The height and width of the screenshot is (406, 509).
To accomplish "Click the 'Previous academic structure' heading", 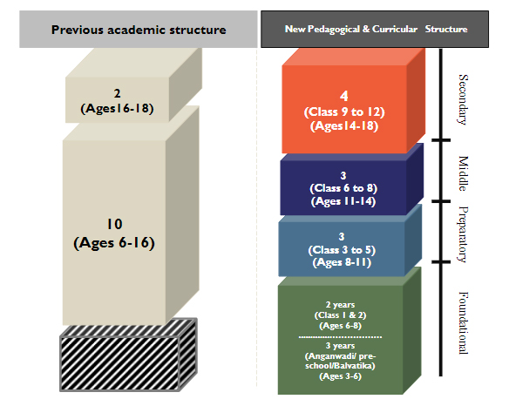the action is pos(139,30).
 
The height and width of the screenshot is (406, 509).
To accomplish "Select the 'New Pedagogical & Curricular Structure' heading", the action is pos(376,30).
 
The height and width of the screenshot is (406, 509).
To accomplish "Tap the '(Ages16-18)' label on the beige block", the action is pos(117,108).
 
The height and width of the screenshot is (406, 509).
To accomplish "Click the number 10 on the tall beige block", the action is pos(114,224).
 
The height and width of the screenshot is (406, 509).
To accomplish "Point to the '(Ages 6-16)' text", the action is pos(114,243).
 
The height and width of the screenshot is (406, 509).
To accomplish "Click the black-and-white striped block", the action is pos(128,355).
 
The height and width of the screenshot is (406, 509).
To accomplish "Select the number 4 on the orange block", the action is pos(344,96).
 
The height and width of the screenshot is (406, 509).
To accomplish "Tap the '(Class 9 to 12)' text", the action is pos(344,112).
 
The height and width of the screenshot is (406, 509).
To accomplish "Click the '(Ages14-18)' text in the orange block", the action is pos(344,126).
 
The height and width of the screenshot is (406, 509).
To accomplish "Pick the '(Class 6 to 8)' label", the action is pos(343,188).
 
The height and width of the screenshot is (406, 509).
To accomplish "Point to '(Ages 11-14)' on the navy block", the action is pos(343,201).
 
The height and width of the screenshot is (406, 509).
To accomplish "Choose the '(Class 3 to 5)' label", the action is pos(342,250).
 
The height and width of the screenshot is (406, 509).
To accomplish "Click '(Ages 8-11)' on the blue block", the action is pos(342,262).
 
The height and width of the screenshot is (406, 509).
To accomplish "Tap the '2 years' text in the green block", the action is pos(340,305).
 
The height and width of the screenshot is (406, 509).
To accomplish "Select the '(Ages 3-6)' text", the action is pos(340,376).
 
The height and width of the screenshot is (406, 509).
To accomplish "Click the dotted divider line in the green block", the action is pos(340,337).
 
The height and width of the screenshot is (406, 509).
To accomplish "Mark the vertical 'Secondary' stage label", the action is pos(463,99).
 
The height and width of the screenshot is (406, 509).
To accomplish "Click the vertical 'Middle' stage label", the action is pos(463,173).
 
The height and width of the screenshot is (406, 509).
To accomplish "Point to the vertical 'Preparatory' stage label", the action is pos(463,234).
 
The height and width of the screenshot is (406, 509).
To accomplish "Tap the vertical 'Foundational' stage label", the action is pos(463,322).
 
